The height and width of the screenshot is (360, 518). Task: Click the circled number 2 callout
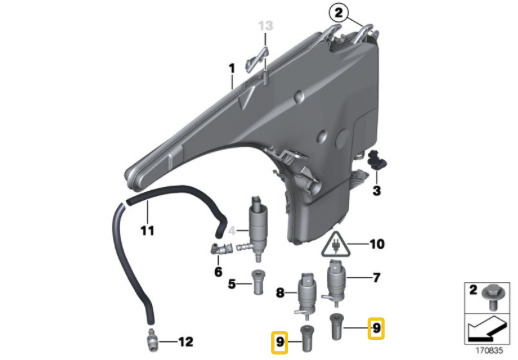[339, 13]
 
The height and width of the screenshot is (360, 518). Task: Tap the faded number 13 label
[266, 26]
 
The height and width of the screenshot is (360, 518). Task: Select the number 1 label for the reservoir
[232, 69]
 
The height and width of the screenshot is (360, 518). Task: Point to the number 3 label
[376, 191]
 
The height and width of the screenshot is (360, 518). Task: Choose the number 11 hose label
[147, 230]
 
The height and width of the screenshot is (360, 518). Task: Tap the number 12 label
[186, 342]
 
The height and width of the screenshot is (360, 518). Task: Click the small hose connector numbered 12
[152, 340]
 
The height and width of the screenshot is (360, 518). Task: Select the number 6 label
[218, 272]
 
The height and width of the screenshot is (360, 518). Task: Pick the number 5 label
[232, 284]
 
